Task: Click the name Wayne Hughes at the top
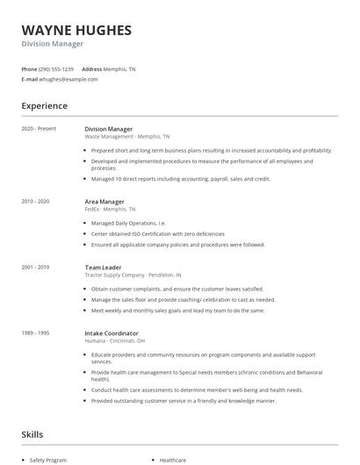tap(76, 31)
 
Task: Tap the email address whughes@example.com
tap(68, 79)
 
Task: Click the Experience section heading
tap(44, 106)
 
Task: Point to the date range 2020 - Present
tap(39, 129)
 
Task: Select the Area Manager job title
tap(104, 202)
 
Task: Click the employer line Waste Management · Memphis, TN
tap(127, 137)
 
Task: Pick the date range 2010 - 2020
tap(37, 202)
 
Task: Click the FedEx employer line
tap(110, 210)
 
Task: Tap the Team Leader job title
tap(103, 267)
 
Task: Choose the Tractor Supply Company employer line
tap(133, 275)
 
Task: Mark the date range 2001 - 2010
tap(37, 267)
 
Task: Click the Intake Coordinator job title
tap(112, 333)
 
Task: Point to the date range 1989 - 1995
tap(37, 333)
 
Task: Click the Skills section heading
tap(32, 434)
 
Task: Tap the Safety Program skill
tap(48, 460)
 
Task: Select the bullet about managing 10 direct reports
tap(180, 178)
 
